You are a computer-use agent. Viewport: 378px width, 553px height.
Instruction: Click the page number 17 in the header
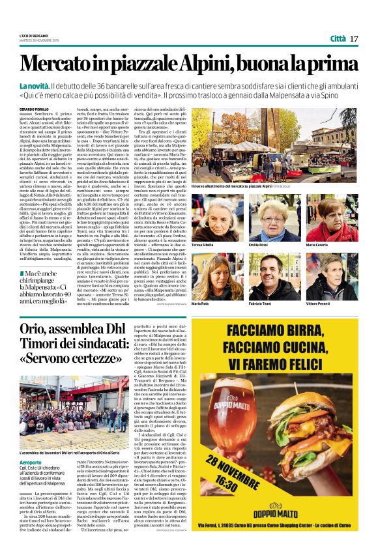[x=354, y=38]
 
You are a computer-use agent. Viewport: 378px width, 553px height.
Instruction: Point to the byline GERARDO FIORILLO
[x=35, y=108]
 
